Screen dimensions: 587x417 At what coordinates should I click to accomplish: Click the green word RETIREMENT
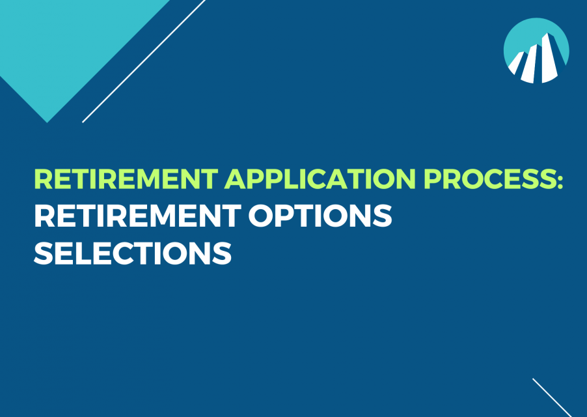[126, 179]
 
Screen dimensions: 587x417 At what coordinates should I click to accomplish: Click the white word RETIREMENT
[137, 216]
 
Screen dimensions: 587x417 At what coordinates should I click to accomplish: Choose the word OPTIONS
[320, 216]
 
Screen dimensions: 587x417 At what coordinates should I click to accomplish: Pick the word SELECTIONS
[133, 253]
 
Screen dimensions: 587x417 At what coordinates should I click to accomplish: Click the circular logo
[536, 51]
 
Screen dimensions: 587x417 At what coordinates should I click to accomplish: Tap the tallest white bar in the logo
[549, 58]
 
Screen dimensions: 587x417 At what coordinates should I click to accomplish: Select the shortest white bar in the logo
[516, 63]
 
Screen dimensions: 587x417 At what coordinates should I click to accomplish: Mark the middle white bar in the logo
[531, 64]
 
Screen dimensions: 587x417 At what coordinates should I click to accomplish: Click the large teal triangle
[71, 41]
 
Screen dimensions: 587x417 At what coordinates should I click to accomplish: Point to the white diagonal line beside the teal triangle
[144, 61]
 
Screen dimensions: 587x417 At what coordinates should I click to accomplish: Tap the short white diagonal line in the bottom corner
[553, 397]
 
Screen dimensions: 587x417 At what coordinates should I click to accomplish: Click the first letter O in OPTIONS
[260, 216]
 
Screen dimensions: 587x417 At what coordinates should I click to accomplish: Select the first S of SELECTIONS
[44, 253]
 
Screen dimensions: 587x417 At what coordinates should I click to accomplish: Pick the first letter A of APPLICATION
[236, 179]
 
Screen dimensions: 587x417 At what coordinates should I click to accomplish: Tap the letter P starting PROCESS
[433, 179]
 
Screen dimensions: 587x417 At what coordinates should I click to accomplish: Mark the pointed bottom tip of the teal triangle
[47, 122]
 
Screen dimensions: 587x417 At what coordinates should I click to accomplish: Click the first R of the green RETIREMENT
[44, 179]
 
